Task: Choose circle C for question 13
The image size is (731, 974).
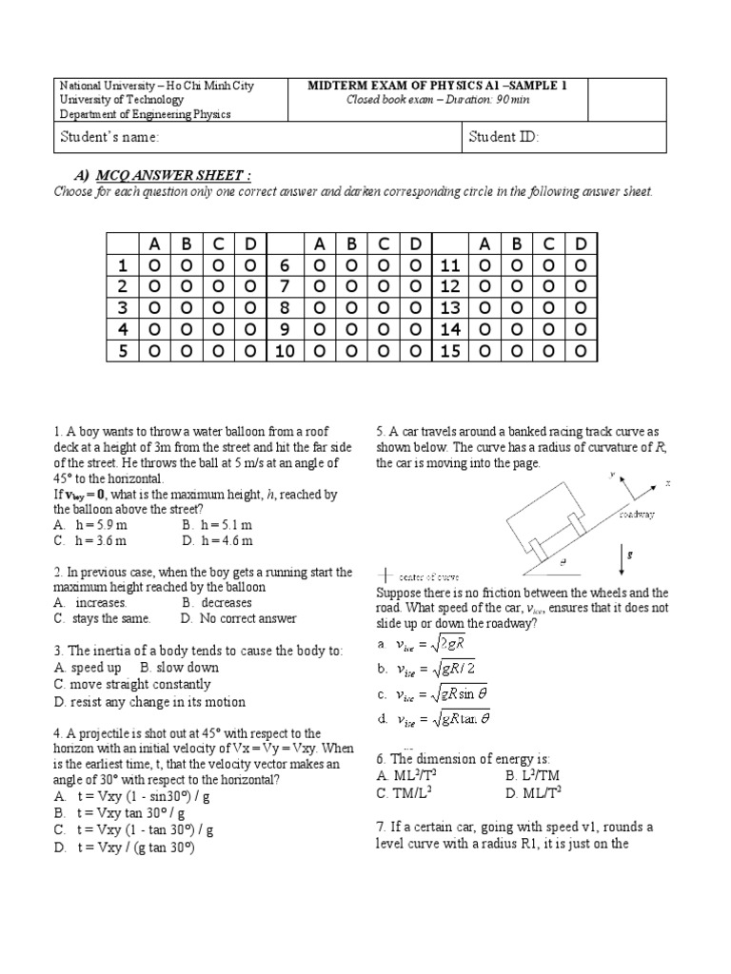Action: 549,308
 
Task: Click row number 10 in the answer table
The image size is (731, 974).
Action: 283,352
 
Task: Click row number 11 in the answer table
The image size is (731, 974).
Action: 449,264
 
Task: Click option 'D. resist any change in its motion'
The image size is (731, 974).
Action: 149,702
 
